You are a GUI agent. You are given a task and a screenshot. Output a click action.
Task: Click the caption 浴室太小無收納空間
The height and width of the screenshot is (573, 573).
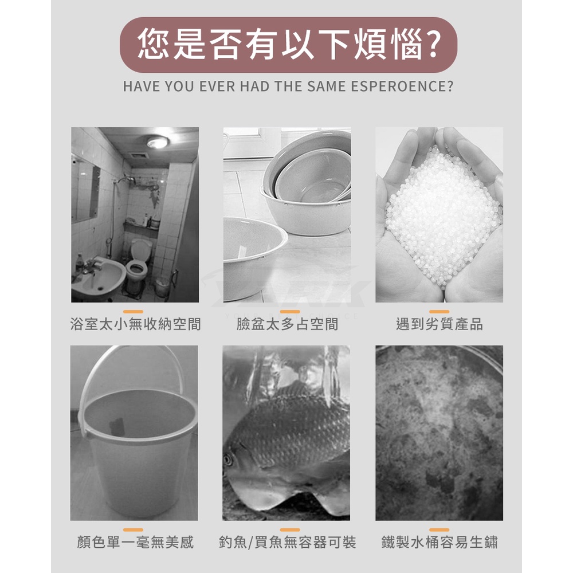click(x=136, y=324)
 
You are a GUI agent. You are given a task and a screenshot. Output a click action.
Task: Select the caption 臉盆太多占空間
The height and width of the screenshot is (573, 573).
click(x=287, y=324)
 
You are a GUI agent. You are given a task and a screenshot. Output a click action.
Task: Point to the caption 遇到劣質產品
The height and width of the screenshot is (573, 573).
click(x=439, y=324)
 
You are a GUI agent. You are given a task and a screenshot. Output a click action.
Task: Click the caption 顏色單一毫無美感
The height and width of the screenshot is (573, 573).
click(x=135, y=542)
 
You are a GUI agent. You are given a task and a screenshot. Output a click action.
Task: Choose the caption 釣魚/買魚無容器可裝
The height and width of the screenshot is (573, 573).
click(x=287, y=542)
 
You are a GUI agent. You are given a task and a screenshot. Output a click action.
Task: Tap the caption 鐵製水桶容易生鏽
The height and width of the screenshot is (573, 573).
click(x=439, y=542)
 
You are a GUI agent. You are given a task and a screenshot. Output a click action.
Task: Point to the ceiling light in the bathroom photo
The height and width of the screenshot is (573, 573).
click(x=158, y=142)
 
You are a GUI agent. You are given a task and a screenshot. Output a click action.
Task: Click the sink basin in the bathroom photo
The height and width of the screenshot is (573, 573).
click(x=98, y=276)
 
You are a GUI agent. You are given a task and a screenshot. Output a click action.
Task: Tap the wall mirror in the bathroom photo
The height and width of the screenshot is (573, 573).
click(x=85, y=190)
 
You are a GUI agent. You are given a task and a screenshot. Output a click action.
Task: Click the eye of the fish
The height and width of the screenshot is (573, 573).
click(x=228, y=459)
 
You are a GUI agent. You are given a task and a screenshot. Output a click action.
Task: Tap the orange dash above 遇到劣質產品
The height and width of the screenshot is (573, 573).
click(x=439, y=311)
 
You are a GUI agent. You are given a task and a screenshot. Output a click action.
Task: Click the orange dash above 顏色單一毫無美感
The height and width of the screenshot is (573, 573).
click(x=134, y=529)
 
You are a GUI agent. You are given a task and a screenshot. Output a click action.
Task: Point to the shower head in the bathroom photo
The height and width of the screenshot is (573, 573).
click(x=129, y=180)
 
